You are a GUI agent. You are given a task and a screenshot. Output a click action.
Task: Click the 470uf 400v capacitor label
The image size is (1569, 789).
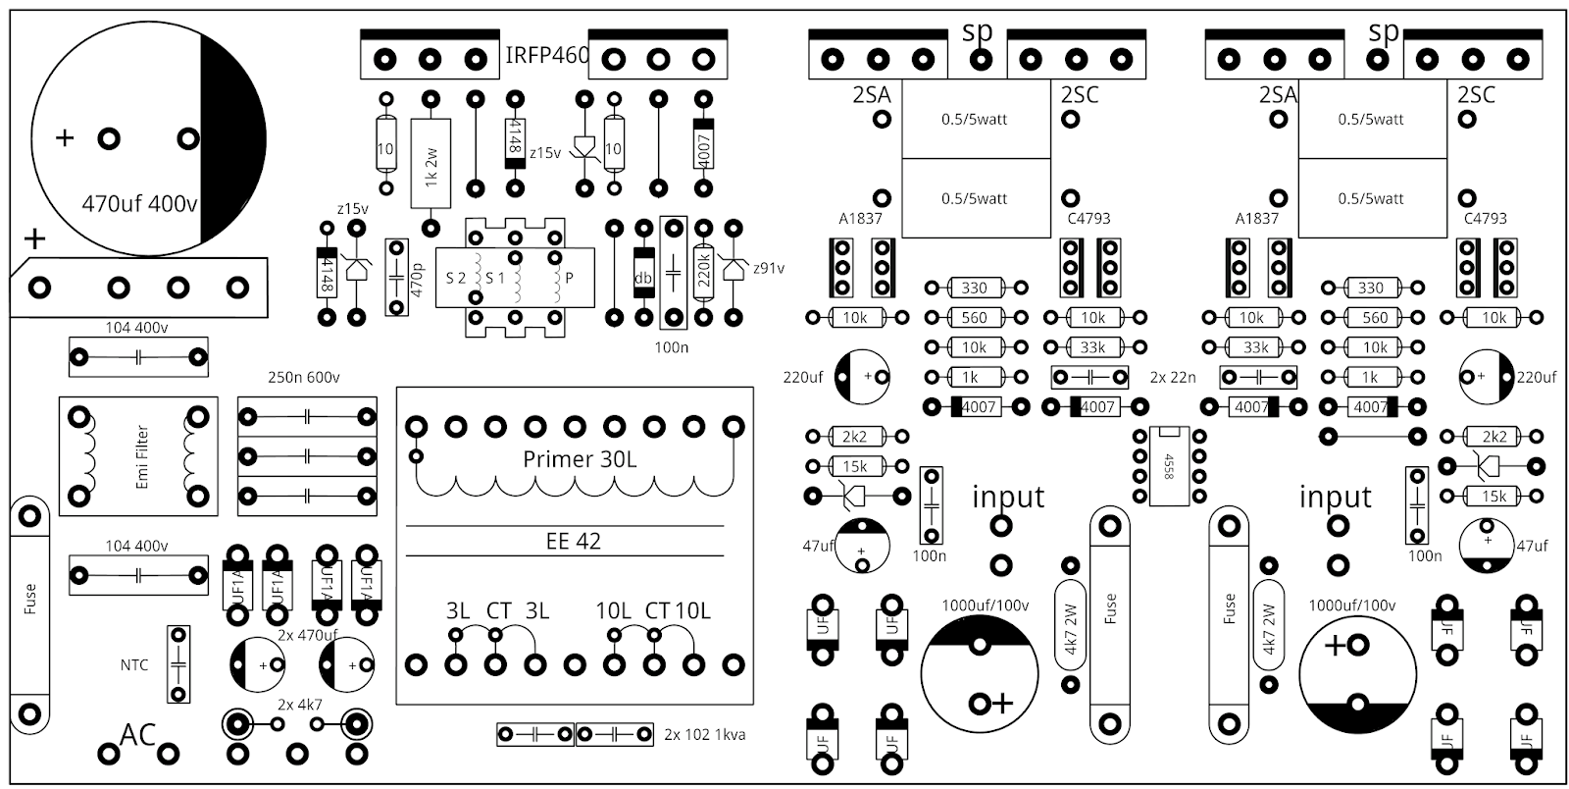pos(139,204)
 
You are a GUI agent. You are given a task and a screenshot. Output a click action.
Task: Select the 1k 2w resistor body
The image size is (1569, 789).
pos(430,163)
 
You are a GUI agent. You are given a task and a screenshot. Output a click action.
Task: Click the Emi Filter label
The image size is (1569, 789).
pos(141,456)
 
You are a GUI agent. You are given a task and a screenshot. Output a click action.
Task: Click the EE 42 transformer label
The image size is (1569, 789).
pos(573,541)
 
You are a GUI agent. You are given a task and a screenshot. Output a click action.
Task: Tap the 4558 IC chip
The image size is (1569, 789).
pos(1168,465)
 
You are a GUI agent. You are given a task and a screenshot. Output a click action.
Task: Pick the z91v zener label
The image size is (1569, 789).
pos(768,267)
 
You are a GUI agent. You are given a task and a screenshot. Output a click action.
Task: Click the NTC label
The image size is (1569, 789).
pos(134,664)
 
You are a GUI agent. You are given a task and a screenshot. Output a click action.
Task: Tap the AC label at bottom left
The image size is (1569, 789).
pos(137,735)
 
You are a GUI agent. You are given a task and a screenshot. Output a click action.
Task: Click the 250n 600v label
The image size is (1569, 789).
pos(304,377)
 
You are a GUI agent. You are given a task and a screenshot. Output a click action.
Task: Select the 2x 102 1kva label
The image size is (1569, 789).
pos(704,734)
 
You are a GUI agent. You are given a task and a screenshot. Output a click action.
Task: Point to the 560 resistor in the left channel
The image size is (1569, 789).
pos(974,317)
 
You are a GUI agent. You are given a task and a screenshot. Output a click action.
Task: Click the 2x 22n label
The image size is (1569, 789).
pos(1172,377)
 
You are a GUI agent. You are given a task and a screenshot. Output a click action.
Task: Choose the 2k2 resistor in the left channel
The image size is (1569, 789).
pos(854,436)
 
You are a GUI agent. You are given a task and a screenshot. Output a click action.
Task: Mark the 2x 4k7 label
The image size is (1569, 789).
pos(299,705)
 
